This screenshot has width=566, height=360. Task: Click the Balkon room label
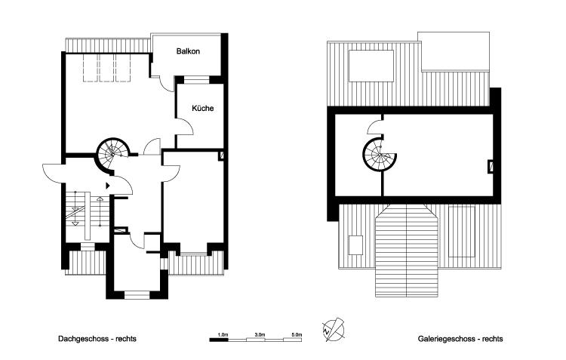[188, 51]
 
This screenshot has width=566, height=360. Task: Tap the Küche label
[202, 109]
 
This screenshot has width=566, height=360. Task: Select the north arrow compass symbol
[333, 330]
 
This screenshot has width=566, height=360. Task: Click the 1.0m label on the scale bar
[223, 335]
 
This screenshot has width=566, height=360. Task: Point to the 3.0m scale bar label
[260, 335]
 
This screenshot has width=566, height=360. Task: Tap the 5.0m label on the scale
[297, 335]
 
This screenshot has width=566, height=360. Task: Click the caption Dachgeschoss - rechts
[97, 339]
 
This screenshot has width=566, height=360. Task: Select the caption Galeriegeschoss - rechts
[460, 339]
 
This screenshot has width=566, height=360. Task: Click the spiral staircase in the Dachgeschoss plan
[112, 154]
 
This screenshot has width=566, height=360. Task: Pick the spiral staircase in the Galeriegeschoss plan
[380, 155]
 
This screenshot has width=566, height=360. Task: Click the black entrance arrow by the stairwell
[108, 186]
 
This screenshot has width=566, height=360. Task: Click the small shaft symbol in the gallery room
[491, 166]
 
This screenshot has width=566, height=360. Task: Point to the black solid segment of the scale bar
[219, 340]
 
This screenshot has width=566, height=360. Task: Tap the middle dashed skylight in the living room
[106, 68]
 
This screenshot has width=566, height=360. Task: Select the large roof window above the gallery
[371, 66]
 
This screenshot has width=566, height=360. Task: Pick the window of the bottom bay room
[137, 294]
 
